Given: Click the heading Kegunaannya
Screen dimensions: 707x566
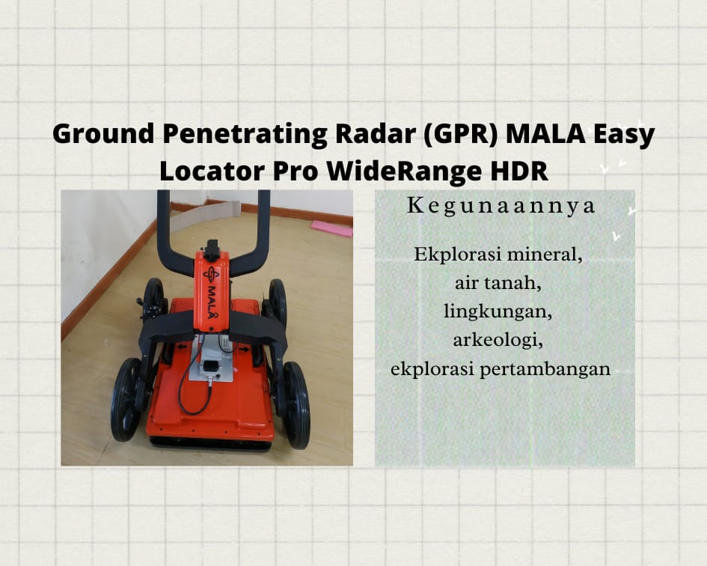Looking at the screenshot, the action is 501,207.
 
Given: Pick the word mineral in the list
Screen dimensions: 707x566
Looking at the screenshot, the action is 545,255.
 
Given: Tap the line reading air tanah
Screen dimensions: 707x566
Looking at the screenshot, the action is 498,284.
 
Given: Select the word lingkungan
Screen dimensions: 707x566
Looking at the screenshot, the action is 498,312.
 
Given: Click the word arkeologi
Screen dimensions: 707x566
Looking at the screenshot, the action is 498,341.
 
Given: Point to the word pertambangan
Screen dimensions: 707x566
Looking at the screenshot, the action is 545,370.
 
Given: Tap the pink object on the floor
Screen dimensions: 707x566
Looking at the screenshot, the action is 332,228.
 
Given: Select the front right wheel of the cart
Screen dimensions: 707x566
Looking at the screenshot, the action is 296,405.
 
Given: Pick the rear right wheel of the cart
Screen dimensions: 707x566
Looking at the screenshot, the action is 278,302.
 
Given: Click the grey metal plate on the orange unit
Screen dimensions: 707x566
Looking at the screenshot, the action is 210,360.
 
